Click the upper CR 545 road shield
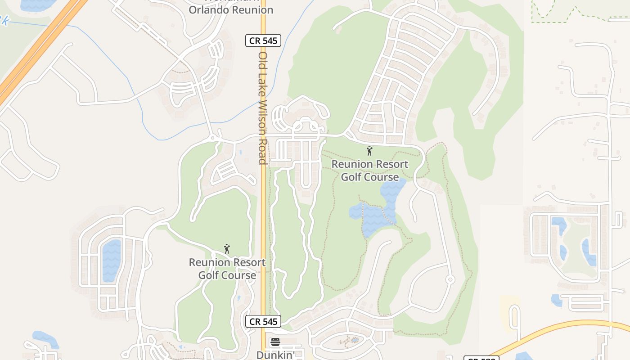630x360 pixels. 263,40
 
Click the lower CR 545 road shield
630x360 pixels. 263,321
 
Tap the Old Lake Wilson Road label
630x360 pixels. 263,108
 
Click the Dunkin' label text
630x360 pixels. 275,355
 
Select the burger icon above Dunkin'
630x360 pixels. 275,342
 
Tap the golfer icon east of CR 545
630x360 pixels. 369,151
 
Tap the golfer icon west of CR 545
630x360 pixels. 227,248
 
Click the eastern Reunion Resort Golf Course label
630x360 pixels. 370,171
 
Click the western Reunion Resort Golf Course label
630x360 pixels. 227,269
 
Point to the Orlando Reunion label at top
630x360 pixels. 230,9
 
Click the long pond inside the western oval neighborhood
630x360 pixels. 111,260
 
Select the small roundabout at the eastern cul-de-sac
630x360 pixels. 450,279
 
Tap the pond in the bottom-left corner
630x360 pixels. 45,338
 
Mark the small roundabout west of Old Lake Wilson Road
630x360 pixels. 214,137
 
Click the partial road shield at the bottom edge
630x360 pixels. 481,358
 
